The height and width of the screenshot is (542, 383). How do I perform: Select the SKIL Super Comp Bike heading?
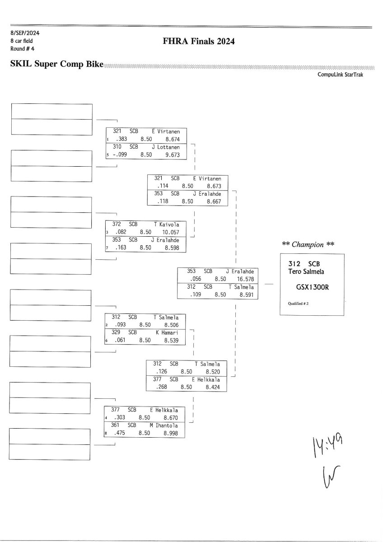tap(57, 65)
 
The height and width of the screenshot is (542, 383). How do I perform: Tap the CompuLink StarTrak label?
tap(340, 75)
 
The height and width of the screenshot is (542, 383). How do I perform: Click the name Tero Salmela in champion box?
tap(307, 271)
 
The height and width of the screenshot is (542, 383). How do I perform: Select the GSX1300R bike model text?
tap(312, 286)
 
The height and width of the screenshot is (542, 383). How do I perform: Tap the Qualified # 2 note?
tap(298, 303)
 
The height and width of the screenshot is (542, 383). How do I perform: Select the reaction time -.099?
tap(120, 154)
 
